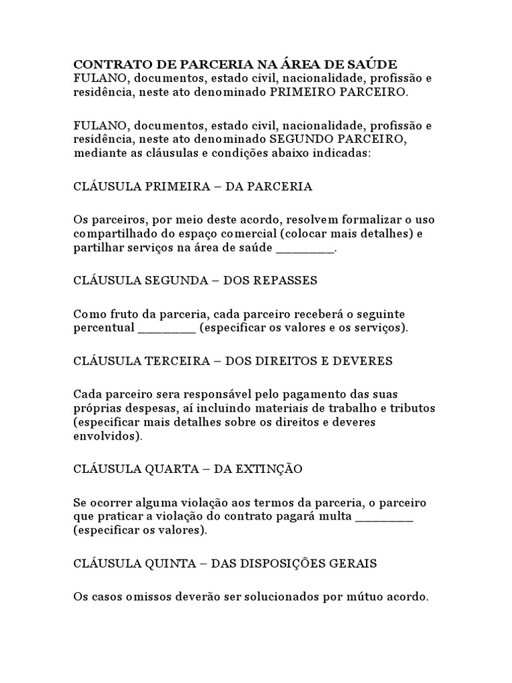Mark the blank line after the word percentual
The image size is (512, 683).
tap(167, 328)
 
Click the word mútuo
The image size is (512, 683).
tap(369, 596)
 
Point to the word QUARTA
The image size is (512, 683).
tap(171, 469)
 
